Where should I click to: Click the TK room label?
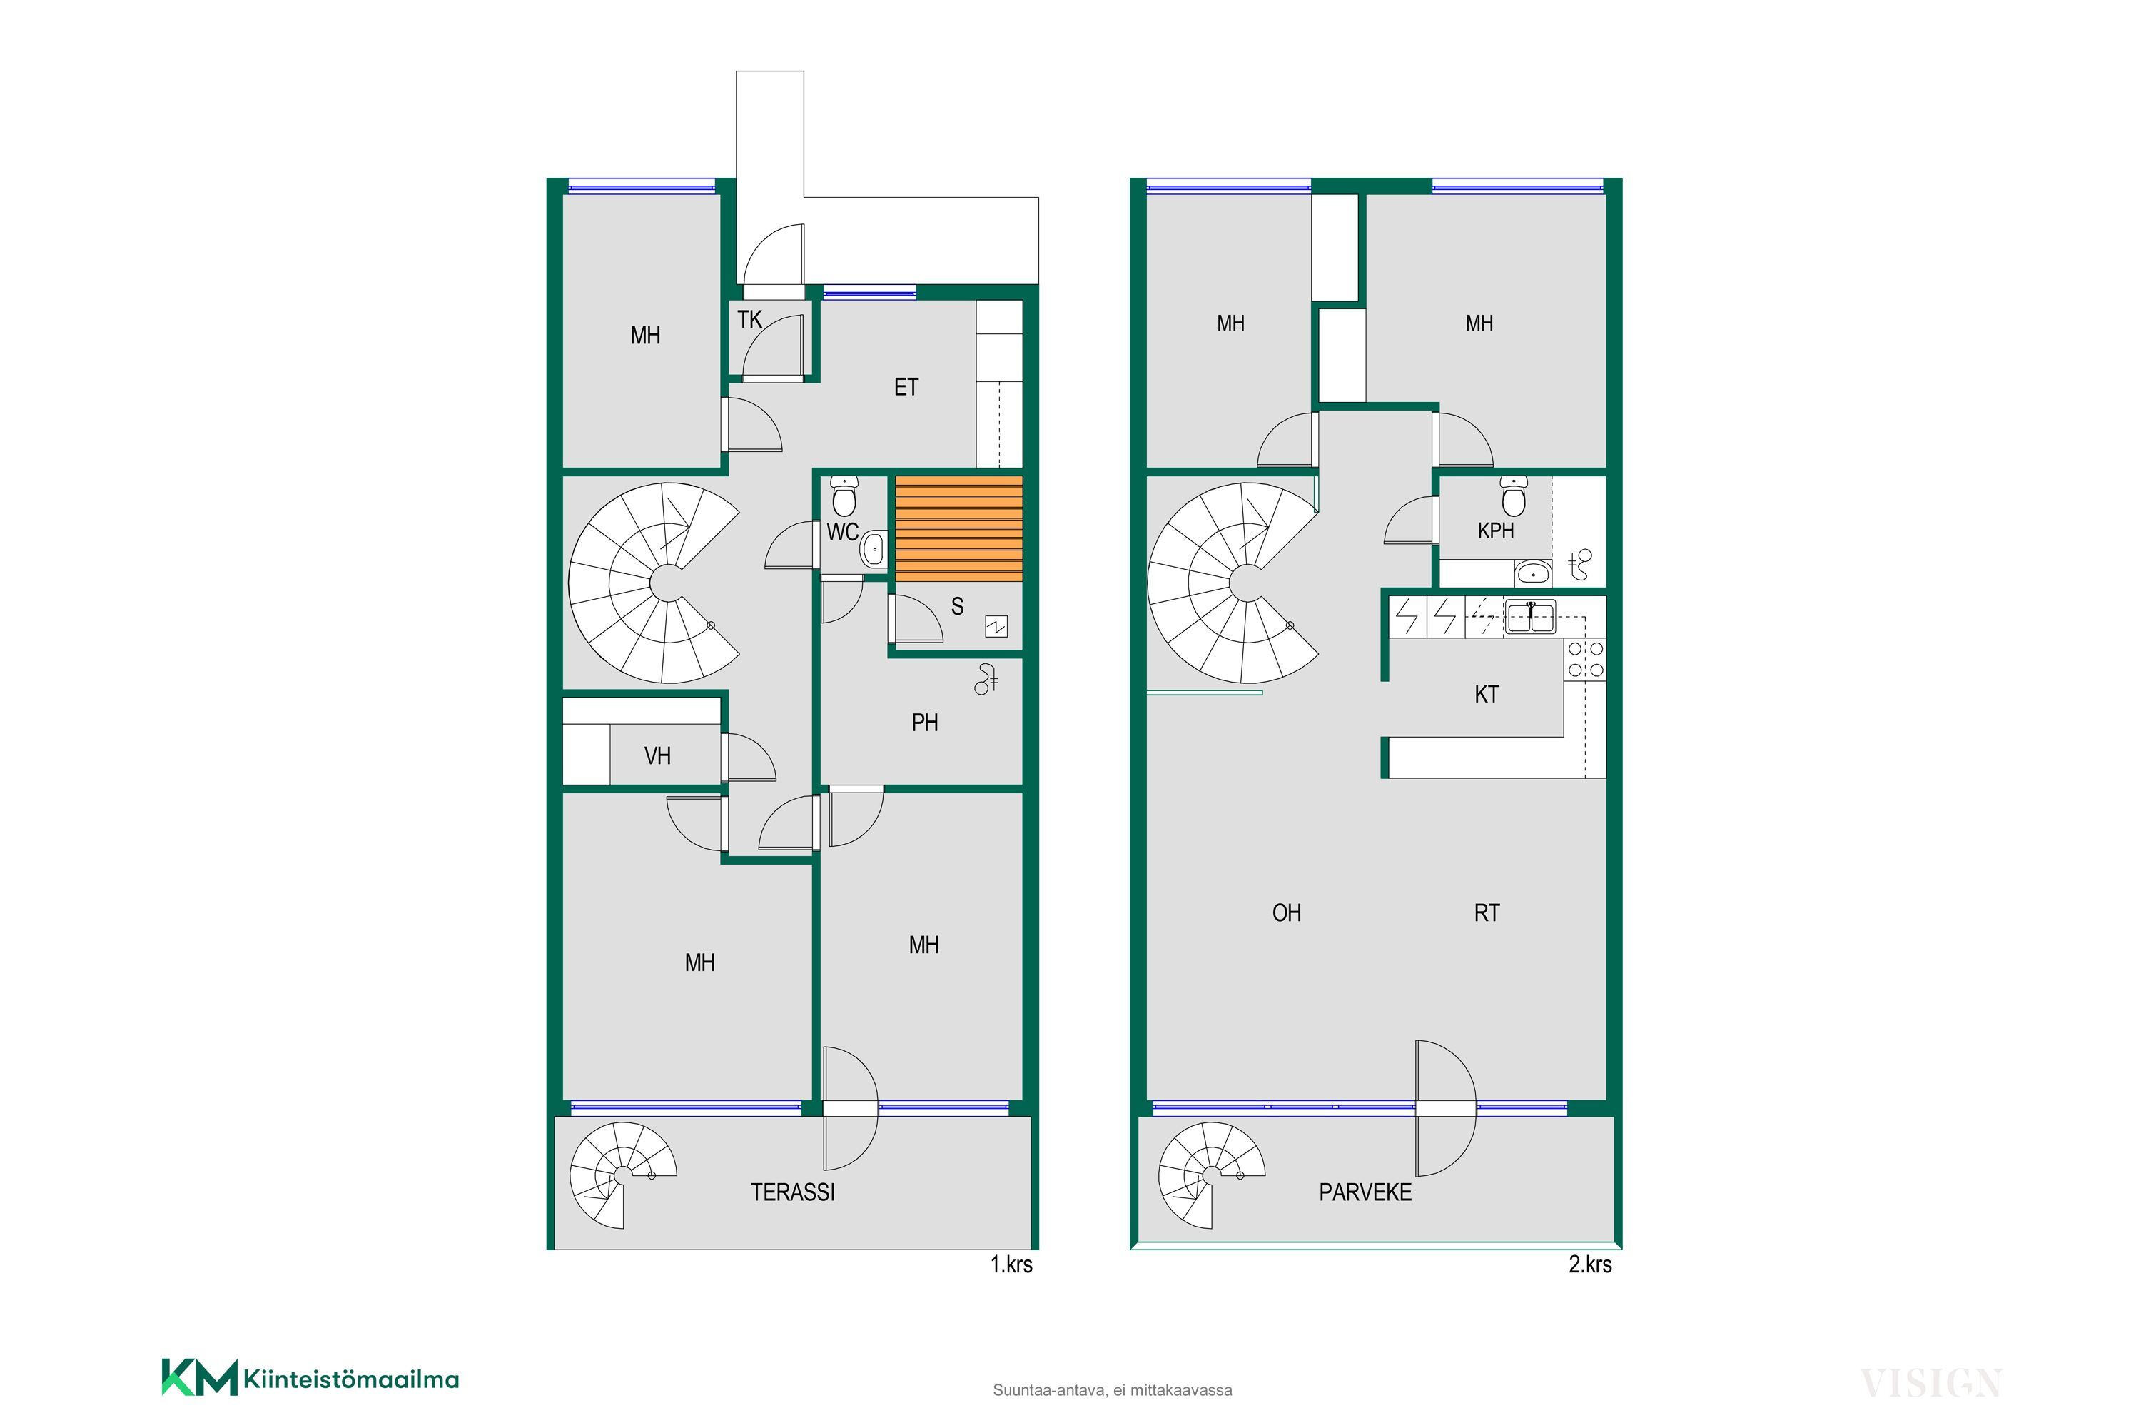[749, 320]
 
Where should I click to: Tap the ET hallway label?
[906, 387]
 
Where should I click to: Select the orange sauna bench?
[958, 528]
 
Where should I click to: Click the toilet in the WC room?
[844, 496]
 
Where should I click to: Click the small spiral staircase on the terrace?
[624, 1175]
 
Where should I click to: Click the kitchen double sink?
[1530, 617]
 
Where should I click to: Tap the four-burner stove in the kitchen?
[1586, 659]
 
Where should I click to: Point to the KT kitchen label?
[1487, 695]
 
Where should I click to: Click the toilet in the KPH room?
[1514, 496]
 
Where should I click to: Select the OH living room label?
[1286, 913]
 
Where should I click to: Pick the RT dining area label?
[1487, 913]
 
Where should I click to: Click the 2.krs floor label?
[1590, 1264]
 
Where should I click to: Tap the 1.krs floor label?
[1011, 1264]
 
